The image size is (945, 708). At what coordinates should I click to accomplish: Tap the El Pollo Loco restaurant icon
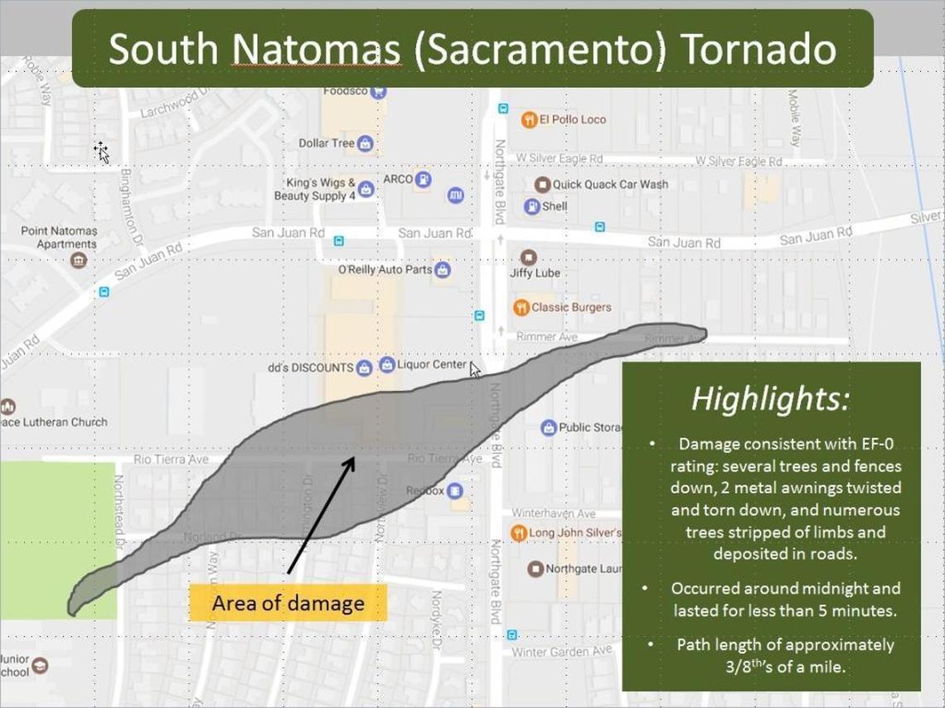pos(529,119)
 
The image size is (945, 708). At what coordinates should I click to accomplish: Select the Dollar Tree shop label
pos(326,143)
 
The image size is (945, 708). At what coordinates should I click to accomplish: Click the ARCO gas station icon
pos(424,179)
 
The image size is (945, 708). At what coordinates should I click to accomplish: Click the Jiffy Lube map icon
pos(527,257)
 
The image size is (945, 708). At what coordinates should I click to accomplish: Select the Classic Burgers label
pos(571,307)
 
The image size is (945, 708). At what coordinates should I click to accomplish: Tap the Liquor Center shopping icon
pos(386,364)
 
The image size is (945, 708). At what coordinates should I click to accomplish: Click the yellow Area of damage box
pos(288,602)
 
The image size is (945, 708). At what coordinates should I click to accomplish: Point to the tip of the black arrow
pos(354,455)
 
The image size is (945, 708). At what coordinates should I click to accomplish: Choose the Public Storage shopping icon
pos(547,428)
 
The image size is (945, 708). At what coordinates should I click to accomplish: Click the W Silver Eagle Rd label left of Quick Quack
pos(559,158)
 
